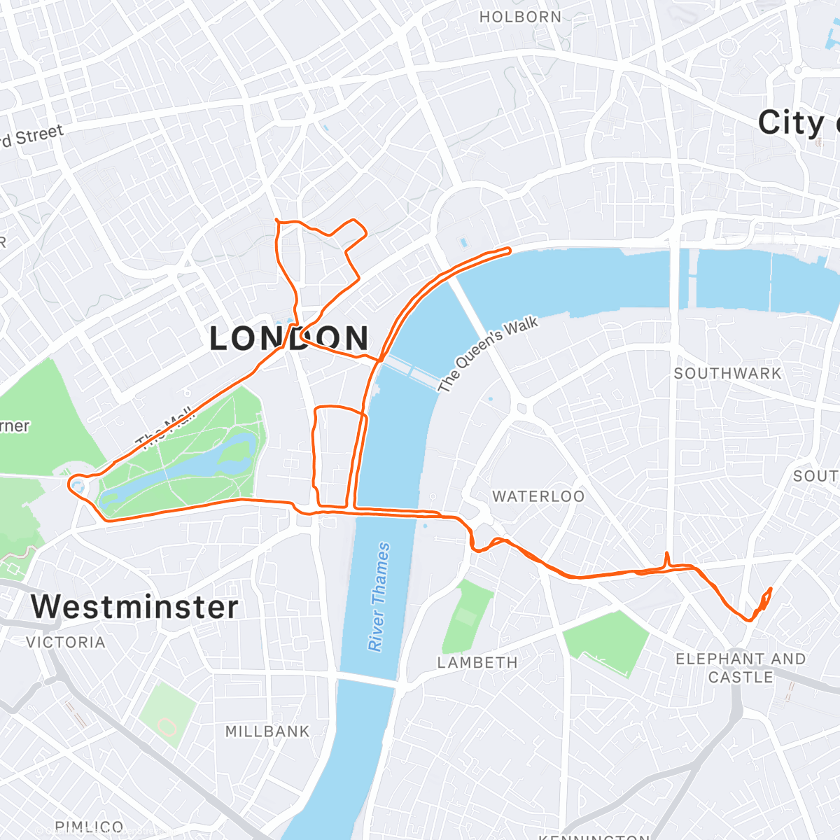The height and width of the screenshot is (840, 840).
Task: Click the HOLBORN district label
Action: [520, 17]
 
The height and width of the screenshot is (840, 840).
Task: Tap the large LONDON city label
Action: [289, 339]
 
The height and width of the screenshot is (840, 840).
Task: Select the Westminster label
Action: [134, 606]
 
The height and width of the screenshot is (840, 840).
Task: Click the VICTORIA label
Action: [66, 642]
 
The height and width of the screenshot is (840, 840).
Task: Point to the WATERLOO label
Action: [538, 496]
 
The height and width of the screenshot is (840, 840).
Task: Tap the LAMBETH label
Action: [477, 662]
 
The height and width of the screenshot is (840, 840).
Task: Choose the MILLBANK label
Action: [267, 731]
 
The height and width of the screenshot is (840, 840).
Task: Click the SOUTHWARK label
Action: [727, 373]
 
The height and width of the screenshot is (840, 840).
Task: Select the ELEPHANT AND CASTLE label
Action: [741, 668]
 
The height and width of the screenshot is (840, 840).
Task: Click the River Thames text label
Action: [379, 596]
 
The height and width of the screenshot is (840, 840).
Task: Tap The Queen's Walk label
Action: [488, 353]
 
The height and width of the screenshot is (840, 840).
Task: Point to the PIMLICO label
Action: [89, 827]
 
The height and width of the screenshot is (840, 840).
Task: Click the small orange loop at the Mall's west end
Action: [76, 484]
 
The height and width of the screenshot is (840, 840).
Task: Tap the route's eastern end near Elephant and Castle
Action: [770, 589]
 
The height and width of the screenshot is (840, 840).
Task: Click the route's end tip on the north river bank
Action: [510, 249]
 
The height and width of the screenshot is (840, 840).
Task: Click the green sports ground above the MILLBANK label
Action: [167, 714]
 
